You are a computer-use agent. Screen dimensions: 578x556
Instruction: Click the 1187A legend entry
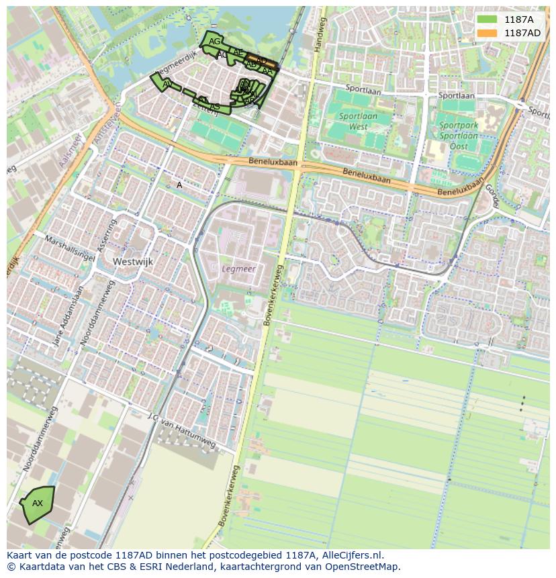pos(508,19)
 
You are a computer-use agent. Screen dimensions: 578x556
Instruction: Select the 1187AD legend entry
pos(508,33)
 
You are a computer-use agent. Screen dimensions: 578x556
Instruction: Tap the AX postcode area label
pos(38,503)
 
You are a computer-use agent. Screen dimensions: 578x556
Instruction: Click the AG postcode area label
pos(214,42)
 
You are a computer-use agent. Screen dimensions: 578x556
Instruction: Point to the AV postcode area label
pos(167,84)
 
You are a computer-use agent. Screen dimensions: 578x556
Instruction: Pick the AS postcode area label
pos(215,107)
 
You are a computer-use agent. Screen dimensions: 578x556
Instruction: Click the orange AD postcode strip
pos(262,61)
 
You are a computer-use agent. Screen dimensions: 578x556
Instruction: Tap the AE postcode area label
pos(238,52)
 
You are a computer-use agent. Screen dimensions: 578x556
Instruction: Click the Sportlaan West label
pos(358,121)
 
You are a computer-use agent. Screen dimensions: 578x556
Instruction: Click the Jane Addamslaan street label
pos(68,316)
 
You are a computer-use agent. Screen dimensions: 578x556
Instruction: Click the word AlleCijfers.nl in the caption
pos(353,555)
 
